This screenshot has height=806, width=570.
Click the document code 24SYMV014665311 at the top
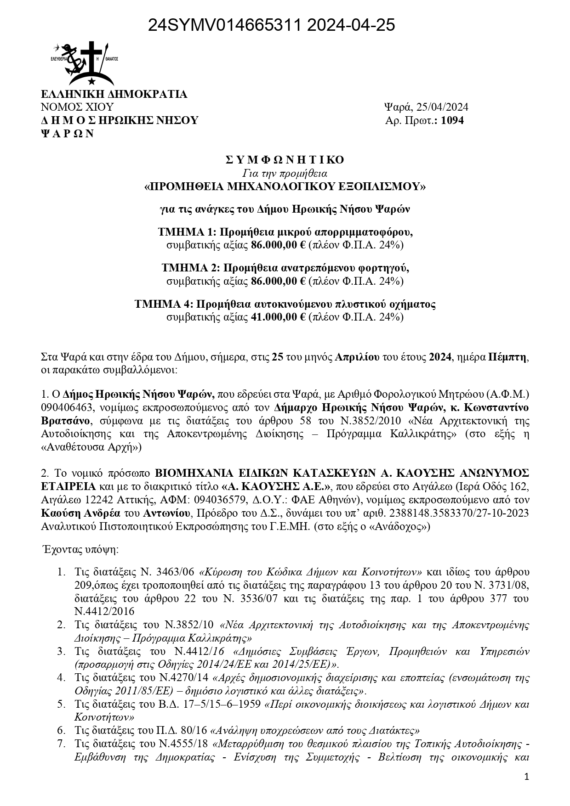coord(223,26)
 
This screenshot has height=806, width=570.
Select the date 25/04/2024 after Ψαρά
coord(442,107)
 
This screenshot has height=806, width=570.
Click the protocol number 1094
coord(452,121)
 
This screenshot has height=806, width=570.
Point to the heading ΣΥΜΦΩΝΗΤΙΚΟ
coord(285,160)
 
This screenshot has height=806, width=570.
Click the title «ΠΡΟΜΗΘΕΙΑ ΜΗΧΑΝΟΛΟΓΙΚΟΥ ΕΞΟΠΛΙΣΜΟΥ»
coord(285,186)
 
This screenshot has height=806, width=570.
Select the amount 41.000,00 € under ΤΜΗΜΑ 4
coord(278,317)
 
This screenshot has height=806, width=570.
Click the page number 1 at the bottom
coord(527,777)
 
